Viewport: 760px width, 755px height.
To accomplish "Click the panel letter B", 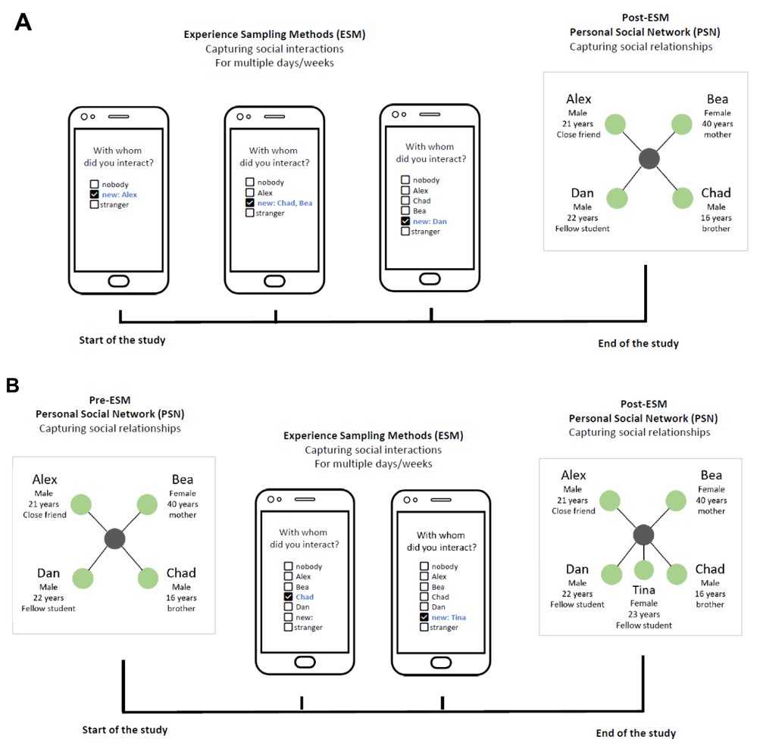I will tap(13, 386).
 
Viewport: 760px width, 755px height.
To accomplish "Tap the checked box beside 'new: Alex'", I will tap(94, 195).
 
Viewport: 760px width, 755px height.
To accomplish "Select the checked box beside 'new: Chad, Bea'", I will tap(250, 203).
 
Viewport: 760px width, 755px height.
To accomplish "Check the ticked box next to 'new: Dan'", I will tap(405, 221).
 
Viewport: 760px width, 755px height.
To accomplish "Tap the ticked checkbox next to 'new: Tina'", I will tap(424, 617).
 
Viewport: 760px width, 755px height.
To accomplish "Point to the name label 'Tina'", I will tap(643, 590).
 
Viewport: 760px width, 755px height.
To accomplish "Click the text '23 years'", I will tap(643, 614).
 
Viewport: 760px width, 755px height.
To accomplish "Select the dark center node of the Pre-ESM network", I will tap(114, 538).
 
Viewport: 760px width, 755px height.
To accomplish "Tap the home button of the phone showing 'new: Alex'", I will tap(119, 282).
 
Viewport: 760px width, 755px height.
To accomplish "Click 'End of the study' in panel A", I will tap(638, 343).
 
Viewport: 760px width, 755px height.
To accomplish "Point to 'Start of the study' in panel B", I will tap(124, 730).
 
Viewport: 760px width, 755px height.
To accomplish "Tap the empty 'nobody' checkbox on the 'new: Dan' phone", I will tap(405, 179).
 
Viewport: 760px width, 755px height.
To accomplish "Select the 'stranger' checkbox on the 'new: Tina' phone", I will tap(424, 627).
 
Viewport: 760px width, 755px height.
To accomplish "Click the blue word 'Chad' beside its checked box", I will tap(305, 597).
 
